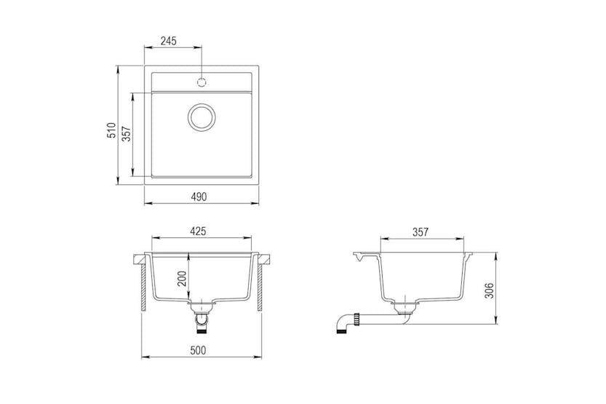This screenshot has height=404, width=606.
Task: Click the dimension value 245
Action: [x=169, y=41]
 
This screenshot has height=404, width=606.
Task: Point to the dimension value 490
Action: [x=199, y=197]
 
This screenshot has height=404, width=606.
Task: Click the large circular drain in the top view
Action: [x=202, y=117]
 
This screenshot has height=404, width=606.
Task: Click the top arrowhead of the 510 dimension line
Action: [x=119, y=68]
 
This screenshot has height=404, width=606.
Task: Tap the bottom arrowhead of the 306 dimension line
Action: [x=497, y=325]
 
